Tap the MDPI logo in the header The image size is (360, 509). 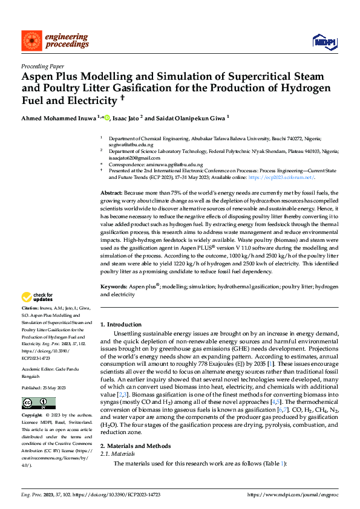coord(324,41)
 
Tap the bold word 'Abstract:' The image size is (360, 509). coord(113,192)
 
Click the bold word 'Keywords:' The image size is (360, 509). coord(114,286)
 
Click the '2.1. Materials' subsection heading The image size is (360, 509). coord(117,453)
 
